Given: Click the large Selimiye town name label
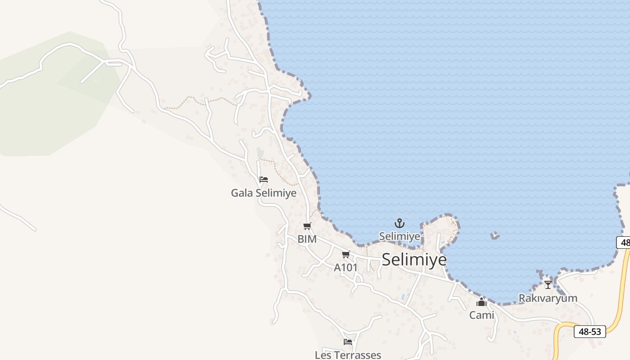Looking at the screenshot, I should [414, 260].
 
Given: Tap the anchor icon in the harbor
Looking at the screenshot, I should [400, 223].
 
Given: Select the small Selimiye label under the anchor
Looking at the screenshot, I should [400, 236].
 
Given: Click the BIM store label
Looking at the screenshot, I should [307, 239].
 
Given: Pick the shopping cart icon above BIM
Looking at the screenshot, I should [307, 226].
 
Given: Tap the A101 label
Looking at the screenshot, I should [346, 267].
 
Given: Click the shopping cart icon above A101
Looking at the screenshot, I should [346, 255].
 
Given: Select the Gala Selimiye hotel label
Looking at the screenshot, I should [264, 193].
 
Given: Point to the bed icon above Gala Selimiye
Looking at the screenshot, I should [264, 180].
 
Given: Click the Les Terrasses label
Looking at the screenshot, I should [348, 355].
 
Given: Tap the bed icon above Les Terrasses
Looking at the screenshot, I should [348, 342].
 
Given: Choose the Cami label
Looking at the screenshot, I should [481, 315].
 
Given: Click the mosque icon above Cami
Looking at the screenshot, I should [481, 302].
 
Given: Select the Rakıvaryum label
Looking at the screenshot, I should [548, 298].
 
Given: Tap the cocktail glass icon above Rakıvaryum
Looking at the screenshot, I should [548, 284].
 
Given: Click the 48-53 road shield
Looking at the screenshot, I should [589, 332].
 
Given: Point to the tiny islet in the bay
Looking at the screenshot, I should [495, 235].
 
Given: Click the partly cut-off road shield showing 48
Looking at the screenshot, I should [624, 243].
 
